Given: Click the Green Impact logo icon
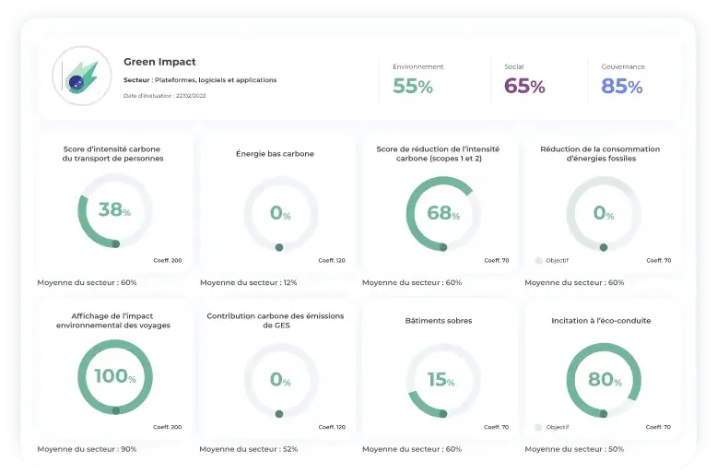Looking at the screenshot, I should pos(81,77).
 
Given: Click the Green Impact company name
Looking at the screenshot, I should pos(159,62).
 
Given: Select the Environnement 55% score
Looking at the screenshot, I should pos(413,87).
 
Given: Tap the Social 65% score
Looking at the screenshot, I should pos(524,87).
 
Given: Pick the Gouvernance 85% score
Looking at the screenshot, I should pos(622,87).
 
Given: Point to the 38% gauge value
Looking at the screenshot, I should pos(114,209).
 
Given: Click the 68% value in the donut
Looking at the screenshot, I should pos(442,212).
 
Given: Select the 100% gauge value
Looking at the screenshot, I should pos(114,377).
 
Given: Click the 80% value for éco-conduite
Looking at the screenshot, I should pos(605,379).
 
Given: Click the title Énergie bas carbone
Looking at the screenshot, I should pos(275,154).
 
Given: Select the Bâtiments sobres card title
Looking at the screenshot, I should pos(438,321).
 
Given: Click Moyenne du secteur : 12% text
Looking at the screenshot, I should pos(248,282).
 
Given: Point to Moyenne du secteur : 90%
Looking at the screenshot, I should pos(87,449).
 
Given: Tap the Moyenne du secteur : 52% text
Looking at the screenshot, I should pos(249,449).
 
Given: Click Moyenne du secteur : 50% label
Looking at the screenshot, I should pos(574,449).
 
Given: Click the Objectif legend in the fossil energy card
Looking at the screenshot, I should pos(553,260).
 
